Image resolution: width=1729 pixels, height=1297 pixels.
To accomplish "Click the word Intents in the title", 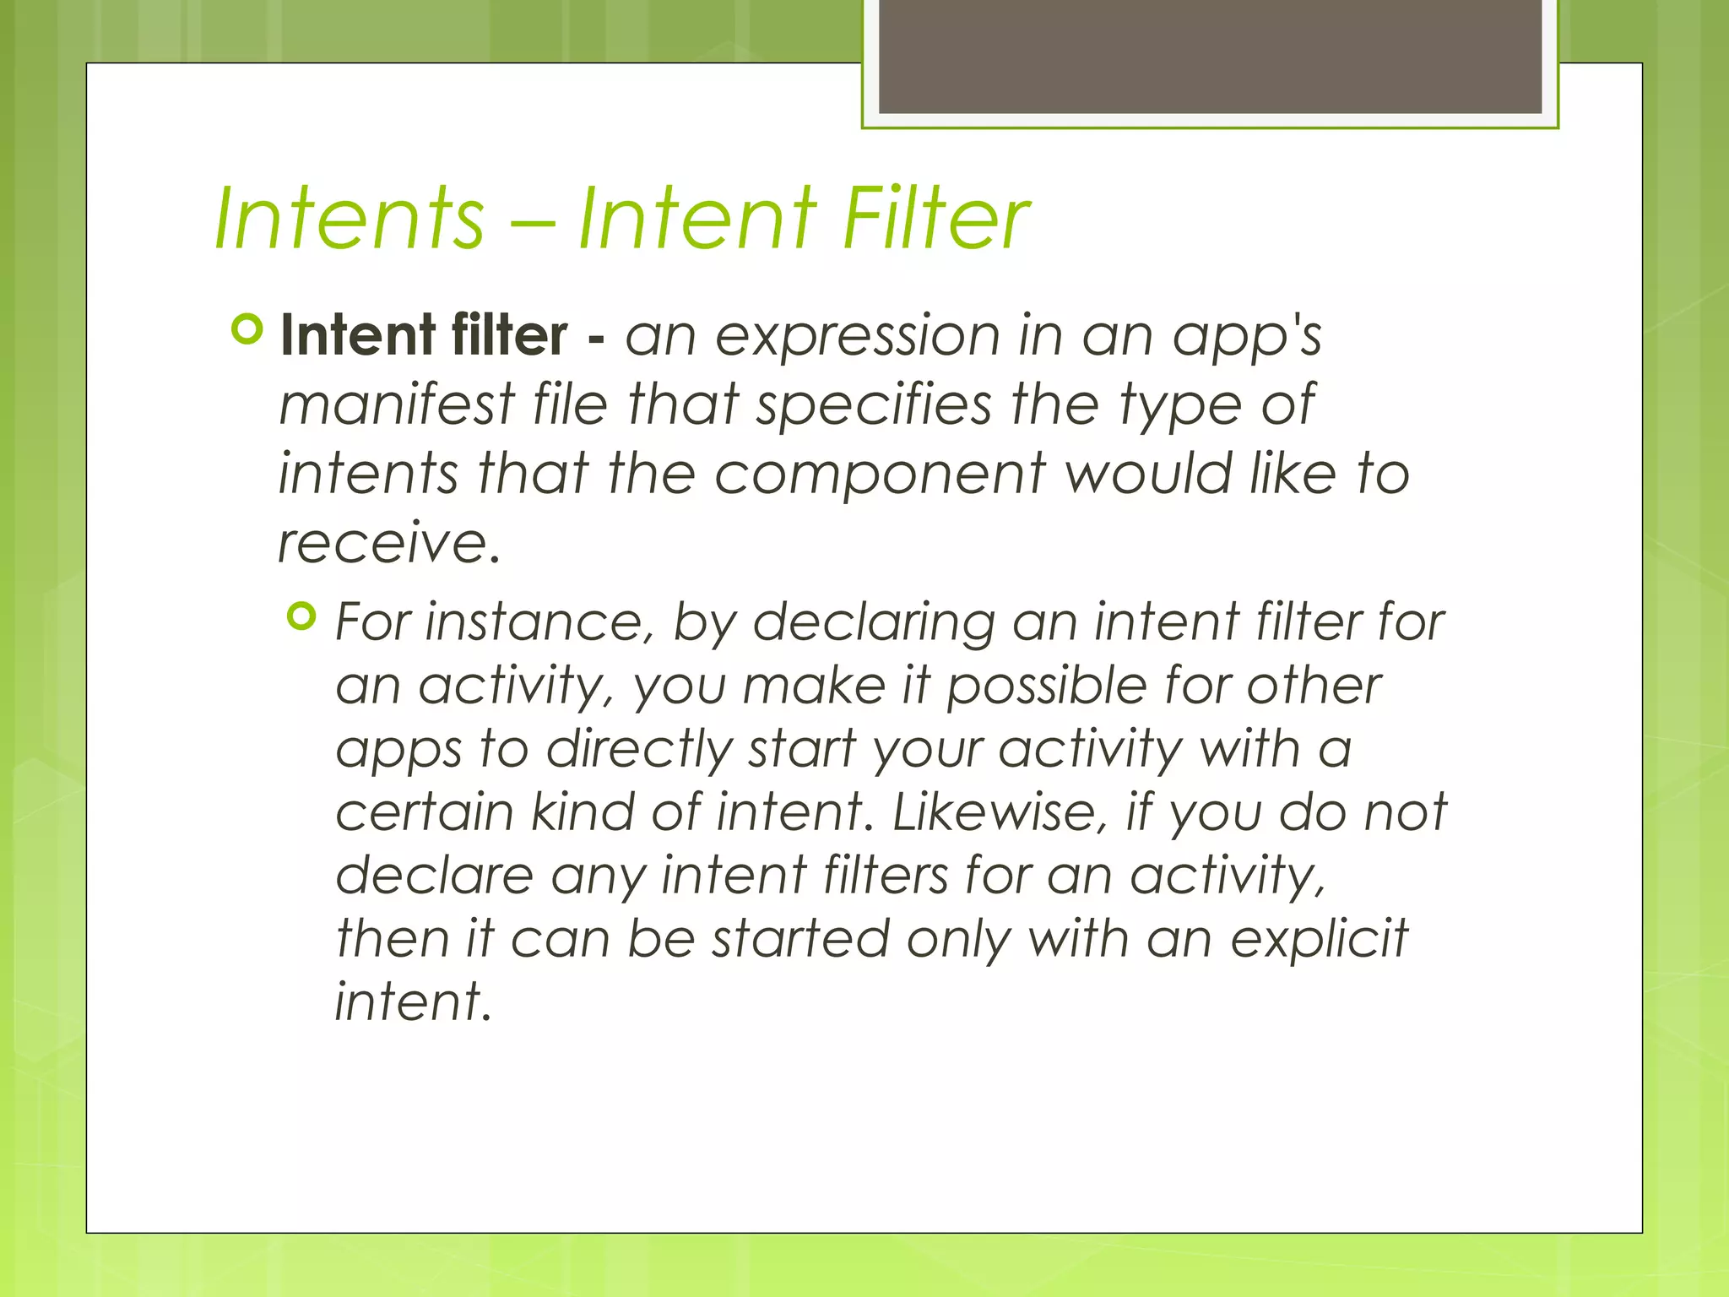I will [350, 219].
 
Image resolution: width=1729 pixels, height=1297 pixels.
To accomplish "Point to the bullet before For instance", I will [301, 616].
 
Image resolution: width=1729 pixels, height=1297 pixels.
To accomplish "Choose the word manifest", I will [397, 404].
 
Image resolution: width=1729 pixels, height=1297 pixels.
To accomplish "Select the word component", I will [880, 475].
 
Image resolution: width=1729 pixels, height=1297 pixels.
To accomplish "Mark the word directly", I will [639, 750].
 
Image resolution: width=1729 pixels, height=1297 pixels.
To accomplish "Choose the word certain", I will [425, 812].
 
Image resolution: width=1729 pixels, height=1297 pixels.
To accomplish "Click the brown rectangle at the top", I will [1210, 56].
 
